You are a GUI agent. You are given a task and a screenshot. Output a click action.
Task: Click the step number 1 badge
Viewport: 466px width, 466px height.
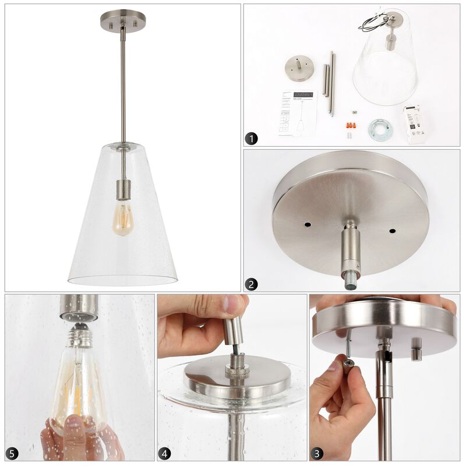click(x=251, y=139)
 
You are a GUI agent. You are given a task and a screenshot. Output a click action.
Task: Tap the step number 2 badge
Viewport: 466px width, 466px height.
click(x=251, y=284)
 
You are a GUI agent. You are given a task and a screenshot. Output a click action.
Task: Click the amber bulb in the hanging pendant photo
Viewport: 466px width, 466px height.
click(x=123, y=218)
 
